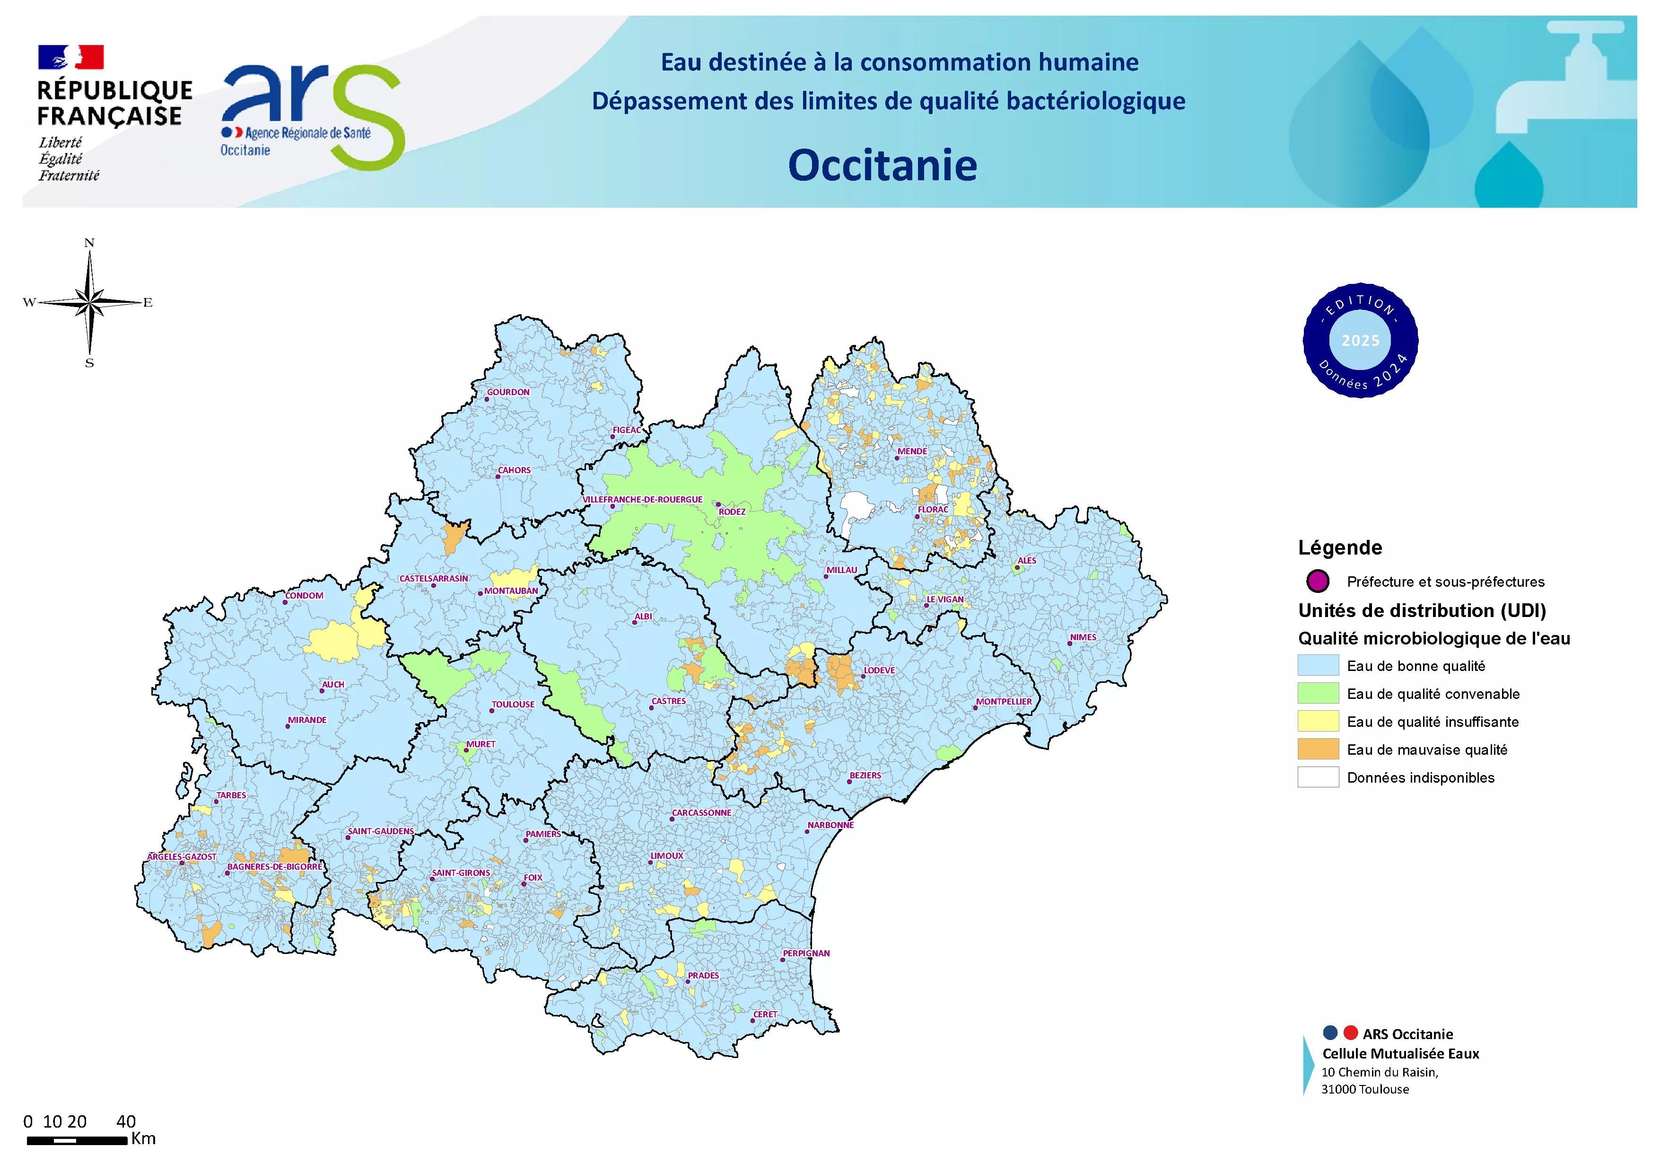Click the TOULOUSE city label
pos(513,705)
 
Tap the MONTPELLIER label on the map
pos(1004,702)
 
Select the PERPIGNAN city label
pos(806,953)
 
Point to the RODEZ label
pos(732,512)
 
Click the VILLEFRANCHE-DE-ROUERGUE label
pos(642,499)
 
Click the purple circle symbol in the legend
pos(1318,581)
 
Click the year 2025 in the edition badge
pos(1360,341)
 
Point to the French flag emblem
pos(71,57)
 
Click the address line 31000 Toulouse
pos(1364,1089)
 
